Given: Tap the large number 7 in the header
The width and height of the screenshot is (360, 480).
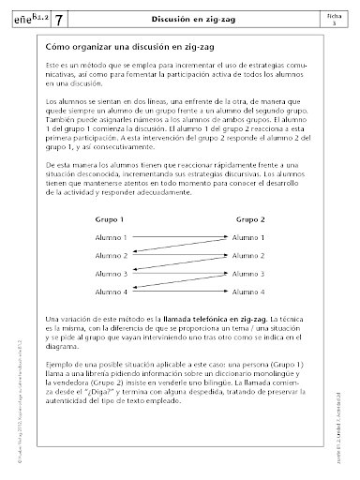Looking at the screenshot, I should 60,20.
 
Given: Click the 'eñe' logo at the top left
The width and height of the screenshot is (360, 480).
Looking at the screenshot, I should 26,20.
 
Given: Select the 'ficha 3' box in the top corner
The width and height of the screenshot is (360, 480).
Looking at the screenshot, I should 334,19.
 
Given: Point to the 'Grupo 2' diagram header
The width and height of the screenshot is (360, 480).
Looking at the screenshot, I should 249,217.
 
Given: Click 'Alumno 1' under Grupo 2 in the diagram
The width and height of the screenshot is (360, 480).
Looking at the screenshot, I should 250,238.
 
